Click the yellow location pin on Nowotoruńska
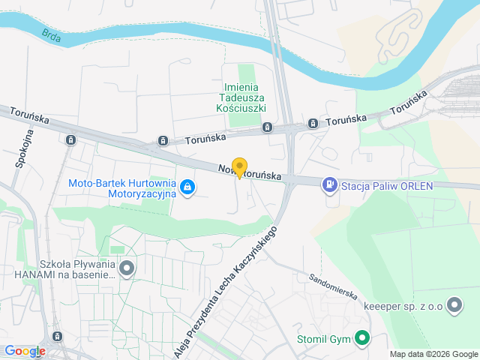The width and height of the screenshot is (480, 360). pos(239,167)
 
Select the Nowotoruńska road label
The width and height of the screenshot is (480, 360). pos(250,172)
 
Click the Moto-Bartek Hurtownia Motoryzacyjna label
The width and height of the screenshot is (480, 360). pos(121,187)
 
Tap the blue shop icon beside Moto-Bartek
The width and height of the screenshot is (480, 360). pos(188,187)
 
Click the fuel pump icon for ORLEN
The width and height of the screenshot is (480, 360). pos(328,184)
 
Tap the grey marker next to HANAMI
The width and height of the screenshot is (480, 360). pos(127,267)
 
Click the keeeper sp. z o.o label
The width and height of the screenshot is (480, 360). pos(403,305)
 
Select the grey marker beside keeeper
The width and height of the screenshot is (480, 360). pos(454,304)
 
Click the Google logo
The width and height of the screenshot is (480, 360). pos(24,351)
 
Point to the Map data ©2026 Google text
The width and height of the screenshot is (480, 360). pos(433,354)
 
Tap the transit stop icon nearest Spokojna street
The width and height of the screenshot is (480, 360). pos(70,139)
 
